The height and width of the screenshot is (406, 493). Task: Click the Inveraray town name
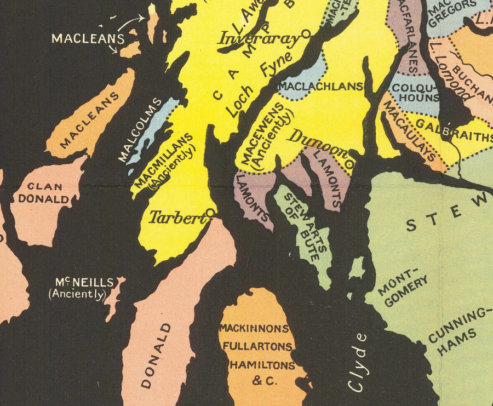pos(259,38)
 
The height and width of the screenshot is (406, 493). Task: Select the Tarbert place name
pos(175,218)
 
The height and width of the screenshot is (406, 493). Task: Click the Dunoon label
pos(317,143)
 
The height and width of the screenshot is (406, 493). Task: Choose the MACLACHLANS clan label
pos(321,86)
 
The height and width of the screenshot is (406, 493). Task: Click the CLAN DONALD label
pos(44,193)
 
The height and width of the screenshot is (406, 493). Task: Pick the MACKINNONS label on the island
pos(254,329)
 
